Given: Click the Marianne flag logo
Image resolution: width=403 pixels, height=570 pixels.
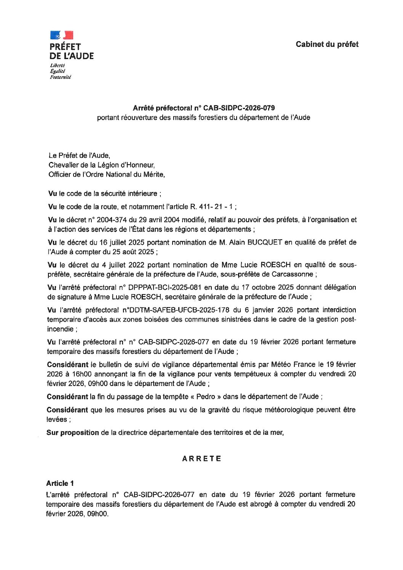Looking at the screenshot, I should tap(61, 35).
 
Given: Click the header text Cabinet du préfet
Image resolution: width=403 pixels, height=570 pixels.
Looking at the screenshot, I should tap(327, 44).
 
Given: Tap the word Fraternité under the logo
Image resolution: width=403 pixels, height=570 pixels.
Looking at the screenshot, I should tap(60, 77).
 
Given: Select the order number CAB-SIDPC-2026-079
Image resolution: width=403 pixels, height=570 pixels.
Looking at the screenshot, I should tap(239, 108).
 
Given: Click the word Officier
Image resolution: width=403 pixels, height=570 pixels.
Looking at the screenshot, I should tap(61, 175).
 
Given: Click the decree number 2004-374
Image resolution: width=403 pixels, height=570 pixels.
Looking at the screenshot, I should tap(112, 220).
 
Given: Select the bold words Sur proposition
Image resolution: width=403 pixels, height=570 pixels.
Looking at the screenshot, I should tap(73, 432).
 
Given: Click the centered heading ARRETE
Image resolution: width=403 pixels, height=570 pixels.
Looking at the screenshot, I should tap(201, 459).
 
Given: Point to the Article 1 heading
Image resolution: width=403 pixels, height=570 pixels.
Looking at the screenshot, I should tap(60, 483).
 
